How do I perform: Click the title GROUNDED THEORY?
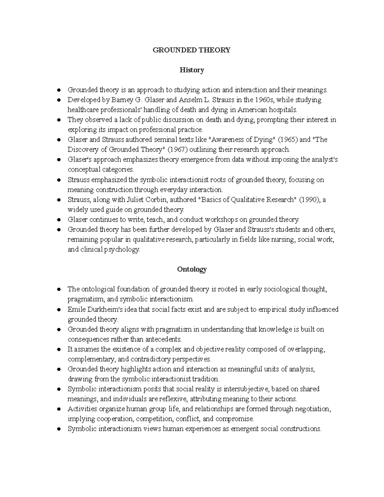click(192, 50)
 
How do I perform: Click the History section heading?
click(192, 70)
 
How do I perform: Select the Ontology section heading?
click(192, 269)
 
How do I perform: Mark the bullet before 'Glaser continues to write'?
click(59, 220)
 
